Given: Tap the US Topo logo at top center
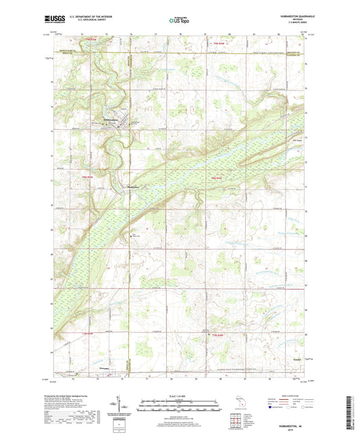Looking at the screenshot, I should coord(180,21).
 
